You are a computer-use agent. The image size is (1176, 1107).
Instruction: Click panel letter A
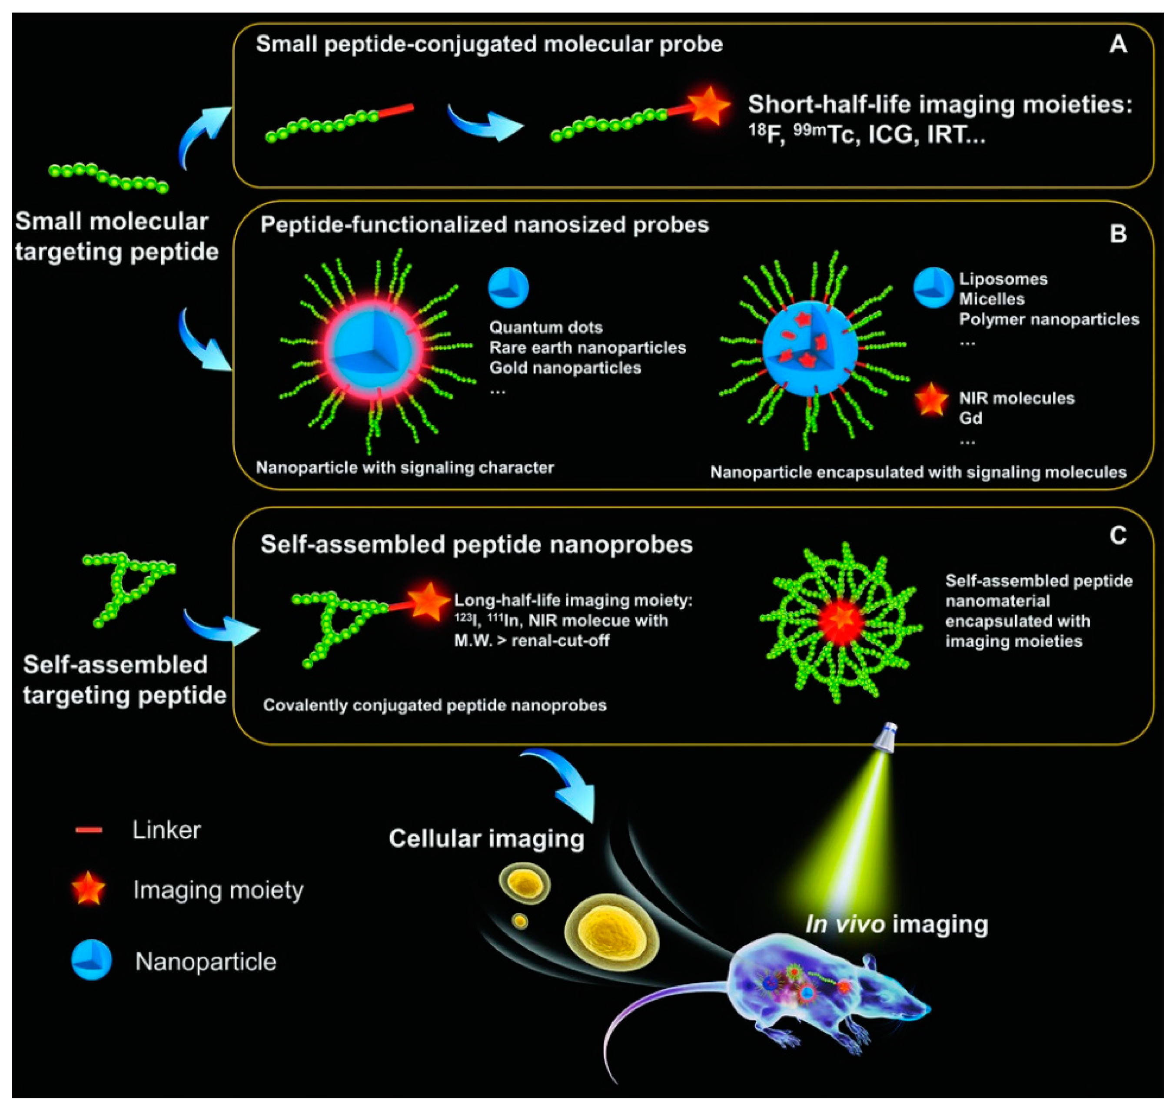pos(1117,45)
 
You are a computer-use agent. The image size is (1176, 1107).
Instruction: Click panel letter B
pos(1117,234)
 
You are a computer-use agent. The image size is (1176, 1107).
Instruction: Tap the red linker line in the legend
pos(89,830)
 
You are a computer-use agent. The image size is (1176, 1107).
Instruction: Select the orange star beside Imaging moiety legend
pos(89,889)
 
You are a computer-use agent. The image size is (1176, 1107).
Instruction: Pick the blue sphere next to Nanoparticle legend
pos(92,961)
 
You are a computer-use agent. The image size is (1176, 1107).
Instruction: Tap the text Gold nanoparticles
pos(565,368)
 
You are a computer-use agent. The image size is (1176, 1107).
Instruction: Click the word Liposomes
pos(1003,278)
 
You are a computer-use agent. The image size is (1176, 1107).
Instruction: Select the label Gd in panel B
pos(970,418)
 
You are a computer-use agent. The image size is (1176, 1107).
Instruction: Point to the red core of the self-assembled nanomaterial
pos(840,621)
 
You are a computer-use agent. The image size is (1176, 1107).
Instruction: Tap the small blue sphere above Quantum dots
pos(508,288)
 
